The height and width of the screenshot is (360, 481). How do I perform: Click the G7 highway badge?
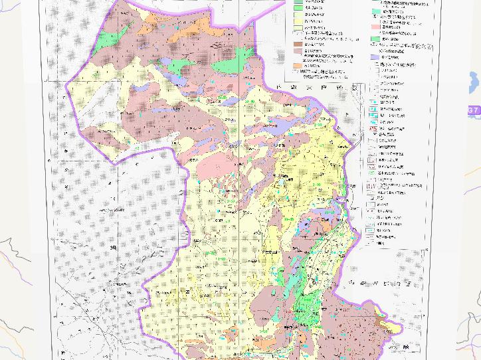click(473, 110)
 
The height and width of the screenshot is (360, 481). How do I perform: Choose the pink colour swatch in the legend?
click(375, 27)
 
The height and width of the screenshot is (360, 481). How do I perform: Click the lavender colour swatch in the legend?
click(375, 58)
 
